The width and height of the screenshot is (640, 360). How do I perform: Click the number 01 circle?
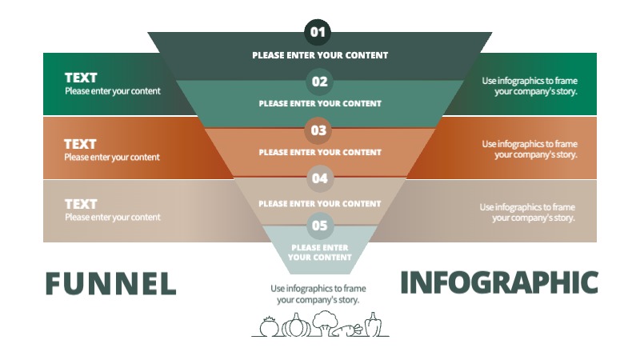point(318,33)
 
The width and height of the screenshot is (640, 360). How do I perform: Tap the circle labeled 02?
point(319,82)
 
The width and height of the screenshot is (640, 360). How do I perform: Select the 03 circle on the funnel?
point(318,130)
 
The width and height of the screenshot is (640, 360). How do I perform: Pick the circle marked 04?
point(319,178)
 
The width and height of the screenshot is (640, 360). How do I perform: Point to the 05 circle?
point(319,226)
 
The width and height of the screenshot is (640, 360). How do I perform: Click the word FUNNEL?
point(110,283)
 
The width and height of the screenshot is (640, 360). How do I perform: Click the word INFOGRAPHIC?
point(498,282)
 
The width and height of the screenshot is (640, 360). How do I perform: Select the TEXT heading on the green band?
point(81,78)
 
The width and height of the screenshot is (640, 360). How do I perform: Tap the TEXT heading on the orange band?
point(80,144)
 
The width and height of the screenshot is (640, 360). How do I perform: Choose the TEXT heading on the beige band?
point(81,204)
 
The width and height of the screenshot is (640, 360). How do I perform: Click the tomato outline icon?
point(269,326)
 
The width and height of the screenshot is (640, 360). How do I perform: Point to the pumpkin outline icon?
point(296,326)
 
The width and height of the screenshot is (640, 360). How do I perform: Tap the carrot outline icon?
point(350,329)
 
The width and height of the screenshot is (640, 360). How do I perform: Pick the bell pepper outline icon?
point(373,325)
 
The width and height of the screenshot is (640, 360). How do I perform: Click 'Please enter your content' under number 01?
point(320,55)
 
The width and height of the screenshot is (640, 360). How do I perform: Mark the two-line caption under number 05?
point(320,253)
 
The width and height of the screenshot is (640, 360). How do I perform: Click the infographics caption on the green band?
point(530,86)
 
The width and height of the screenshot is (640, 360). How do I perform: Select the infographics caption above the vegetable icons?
point(318,294)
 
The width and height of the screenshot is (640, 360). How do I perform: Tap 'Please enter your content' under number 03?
point(320,152)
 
